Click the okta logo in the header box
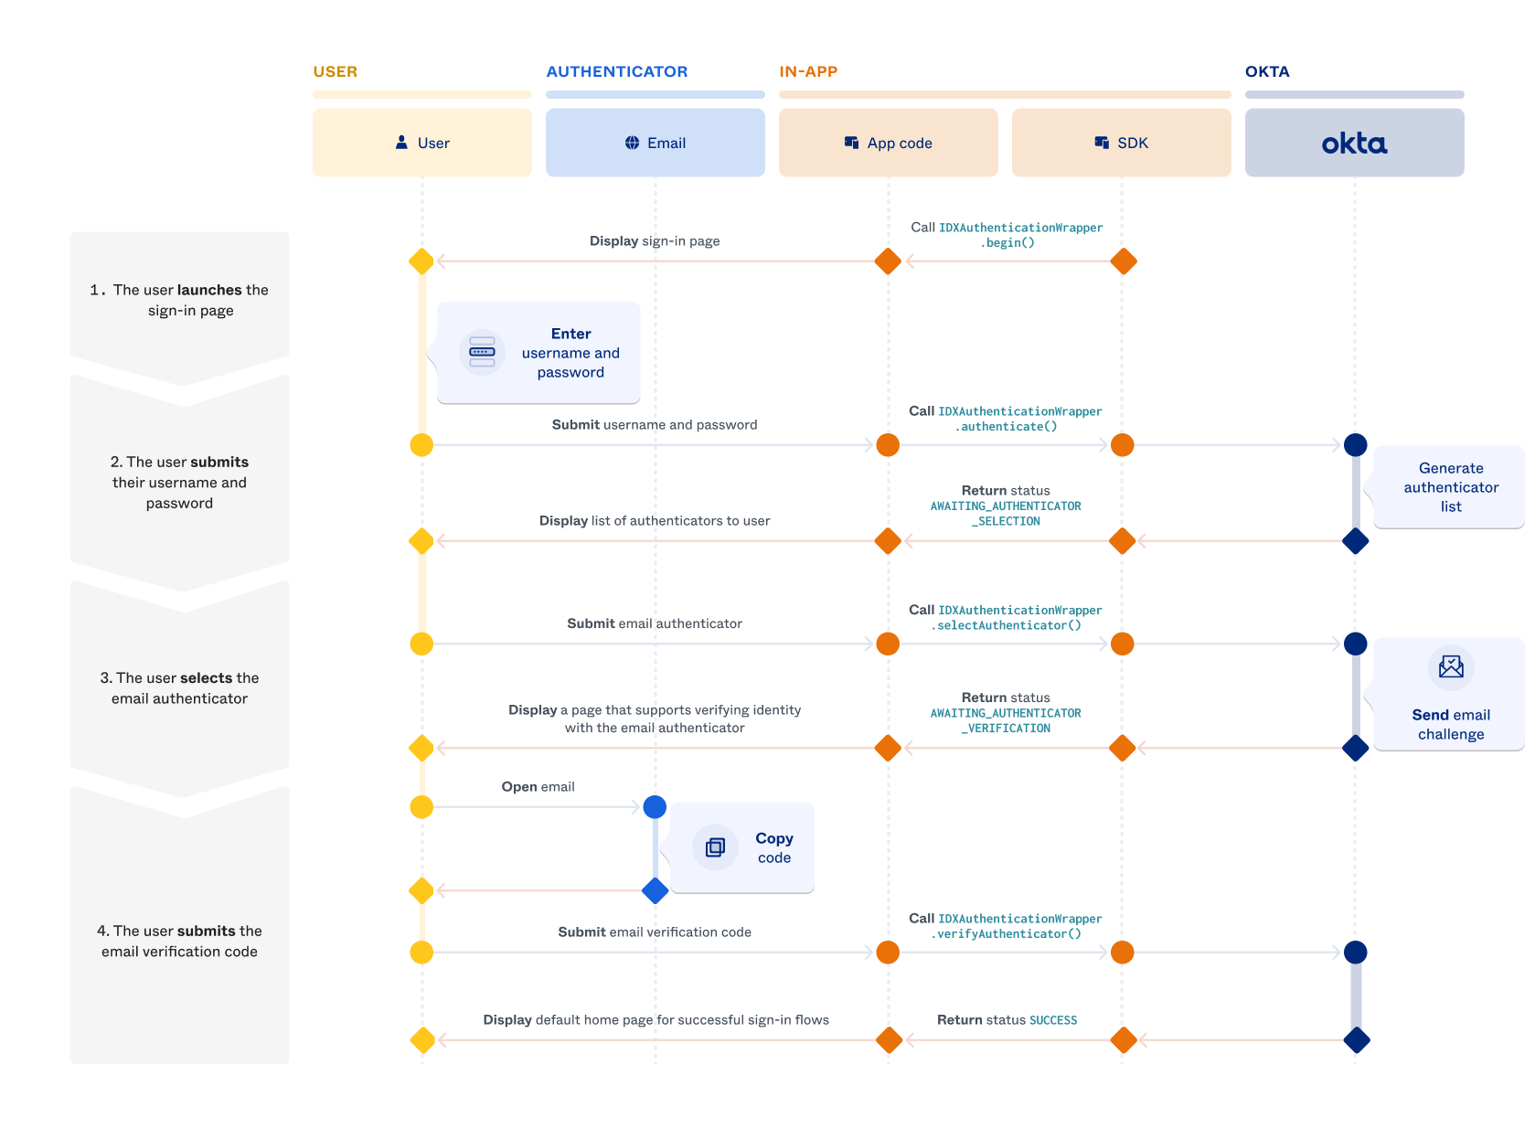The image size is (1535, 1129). (x=1354, y=144)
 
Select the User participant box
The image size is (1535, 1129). (x=421, y=143)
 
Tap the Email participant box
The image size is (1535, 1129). (x=655, y=143)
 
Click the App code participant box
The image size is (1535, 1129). (x=888, y=143)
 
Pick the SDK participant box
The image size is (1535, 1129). (x=1121, y=143)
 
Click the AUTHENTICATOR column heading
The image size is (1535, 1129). (x=616, y=71)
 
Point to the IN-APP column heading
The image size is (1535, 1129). (x=808, y=71)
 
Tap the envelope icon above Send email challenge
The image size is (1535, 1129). (x=1451, y=666)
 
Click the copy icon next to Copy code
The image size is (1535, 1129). (x=715, y=847)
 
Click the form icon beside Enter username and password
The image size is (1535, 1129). (x=482, y=352)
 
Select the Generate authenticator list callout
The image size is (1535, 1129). (x=1450, y=487)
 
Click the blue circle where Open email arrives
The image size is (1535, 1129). (x=655, y=807)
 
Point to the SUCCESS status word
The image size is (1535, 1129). (x=1053, y=1020)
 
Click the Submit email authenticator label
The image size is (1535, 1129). (x=654, y=623)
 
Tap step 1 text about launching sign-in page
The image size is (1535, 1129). (x=180, y=300)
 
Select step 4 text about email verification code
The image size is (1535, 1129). (x=180, y=941)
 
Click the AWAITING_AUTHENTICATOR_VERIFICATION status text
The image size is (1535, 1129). (x=1006, y=720)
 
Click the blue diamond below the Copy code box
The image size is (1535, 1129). (x=655, y=890)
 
